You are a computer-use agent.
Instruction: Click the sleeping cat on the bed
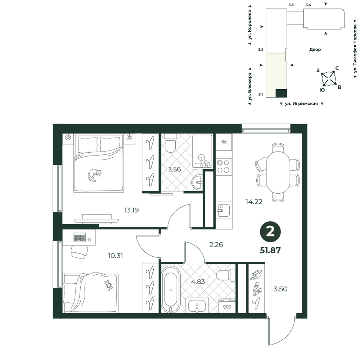coord(94,175)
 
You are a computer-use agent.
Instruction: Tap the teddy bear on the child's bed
coord(108,285)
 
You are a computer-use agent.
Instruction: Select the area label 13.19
coord(131,210)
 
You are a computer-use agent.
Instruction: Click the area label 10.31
coord(115,256)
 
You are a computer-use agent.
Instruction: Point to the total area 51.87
coord(270,250)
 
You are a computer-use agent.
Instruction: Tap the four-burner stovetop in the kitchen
coord(224,166)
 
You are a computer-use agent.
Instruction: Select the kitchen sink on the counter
coord(223,210)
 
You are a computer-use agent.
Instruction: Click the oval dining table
coord(278,172)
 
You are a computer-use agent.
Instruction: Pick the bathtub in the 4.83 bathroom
coord(171,289)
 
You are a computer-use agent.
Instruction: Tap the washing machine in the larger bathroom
coord(227,305)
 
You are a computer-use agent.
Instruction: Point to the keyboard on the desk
coord(79,237)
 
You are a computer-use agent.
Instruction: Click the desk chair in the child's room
coord(79,252)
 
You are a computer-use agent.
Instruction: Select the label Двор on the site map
coord(315,50)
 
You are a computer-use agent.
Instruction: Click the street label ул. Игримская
coord(301,104)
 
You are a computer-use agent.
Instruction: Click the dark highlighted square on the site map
coord(281,93)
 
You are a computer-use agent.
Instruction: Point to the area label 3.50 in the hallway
coord(280,289)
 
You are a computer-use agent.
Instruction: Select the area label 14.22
coord(254,202)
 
